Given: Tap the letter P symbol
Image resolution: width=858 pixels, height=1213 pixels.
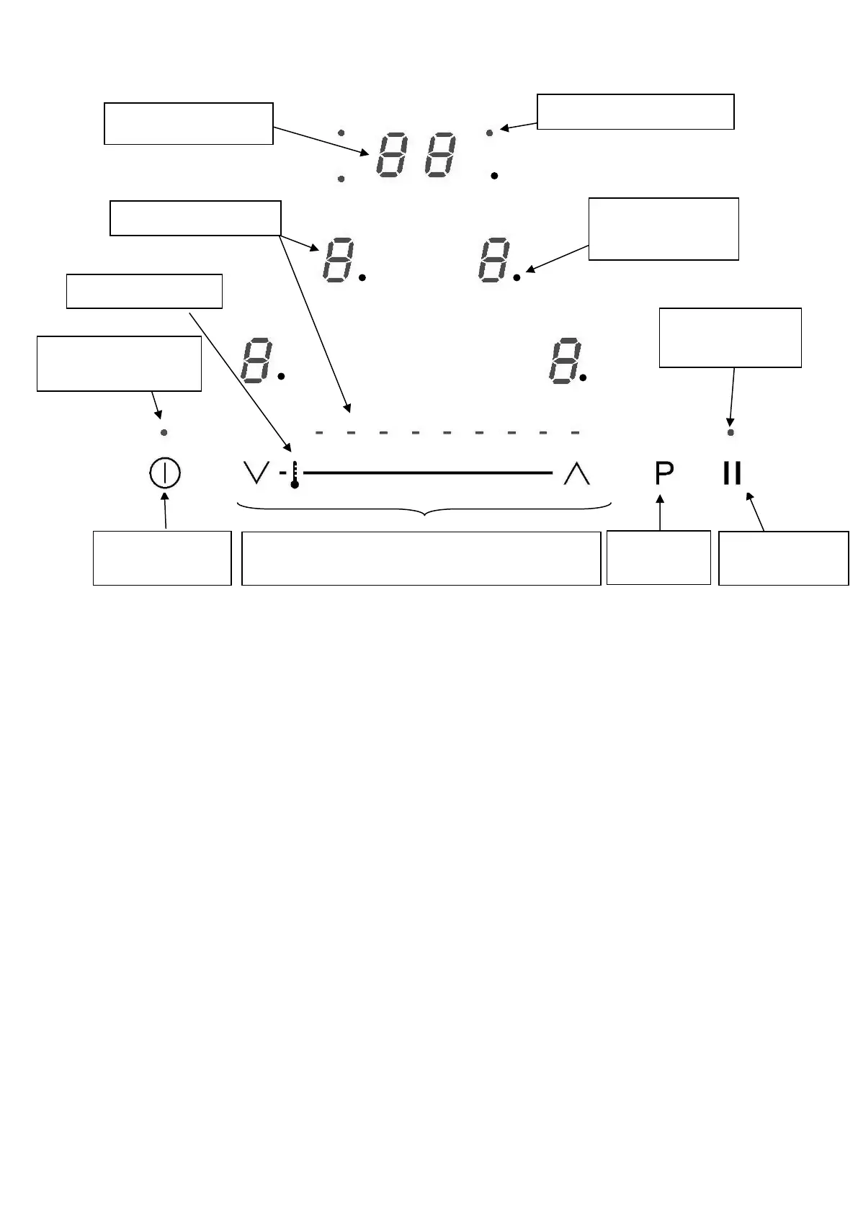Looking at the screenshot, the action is pos(664,473).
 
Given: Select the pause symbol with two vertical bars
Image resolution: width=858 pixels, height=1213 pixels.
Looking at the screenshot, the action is pos(732,473).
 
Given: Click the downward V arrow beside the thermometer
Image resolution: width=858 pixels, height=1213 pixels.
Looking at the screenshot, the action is pos(256,473).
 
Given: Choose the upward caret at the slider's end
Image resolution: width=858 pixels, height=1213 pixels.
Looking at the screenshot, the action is pos(576,473).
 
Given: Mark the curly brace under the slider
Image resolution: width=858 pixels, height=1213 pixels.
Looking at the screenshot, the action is pos(424,509).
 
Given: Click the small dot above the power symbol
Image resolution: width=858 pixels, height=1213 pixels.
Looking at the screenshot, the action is pos(164,433).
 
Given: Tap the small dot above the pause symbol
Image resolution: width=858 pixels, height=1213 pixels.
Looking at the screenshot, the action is pos(730,433).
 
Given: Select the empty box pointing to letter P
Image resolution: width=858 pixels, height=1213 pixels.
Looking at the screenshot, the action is pos(658,558).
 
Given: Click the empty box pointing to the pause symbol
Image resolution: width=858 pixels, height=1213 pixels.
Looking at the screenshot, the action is pos(783,558).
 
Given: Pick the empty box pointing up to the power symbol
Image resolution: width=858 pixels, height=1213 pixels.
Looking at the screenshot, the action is pos(162,558).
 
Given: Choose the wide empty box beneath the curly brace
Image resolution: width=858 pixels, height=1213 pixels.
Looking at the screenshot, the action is pos(421,558).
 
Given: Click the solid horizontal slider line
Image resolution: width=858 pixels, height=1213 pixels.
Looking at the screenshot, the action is pos(428,473).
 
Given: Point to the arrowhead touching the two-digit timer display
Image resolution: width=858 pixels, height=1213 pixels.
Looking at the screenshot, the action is pos(365,153).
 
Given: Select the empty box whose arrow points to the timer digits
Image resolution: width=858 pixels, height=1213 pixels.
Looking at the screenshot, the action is pos(189,123).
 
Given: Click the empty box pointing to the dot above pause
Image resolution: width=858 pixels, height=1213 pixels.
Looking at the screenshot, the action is pos(730,338).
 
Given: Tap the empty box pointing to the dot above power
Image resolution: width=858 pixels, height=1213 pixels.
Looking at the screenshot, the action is pos(119,363).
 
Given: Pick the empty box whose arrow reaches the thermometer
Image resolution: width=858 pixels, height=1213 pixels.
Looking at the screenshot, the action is pos(144,291).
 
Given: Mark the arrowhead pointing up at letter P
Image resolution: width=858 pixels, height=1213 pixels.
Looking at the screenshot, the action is pos(660,498).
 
